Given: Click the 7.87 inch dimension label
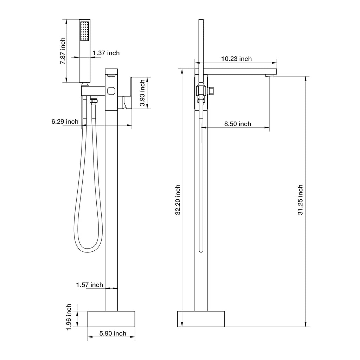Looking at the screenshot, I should point(63,51).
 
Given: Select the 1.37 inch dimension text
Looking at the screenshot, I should point(106,53).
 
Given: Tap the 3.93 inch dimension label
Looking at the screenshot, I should point(142,93).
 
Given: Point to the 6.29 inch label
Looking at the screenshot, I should point(65,122).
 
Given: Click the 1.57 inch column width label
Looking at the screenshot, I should point(90,285).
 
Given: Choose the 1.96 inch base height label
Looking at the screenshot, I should point(69,317).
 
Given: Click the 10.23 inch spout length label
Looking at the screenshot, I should point(236,59).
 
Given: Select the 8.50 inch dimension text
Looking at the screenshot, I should point(238,124).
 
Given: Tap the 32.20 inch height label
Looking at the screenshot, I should point(178,200).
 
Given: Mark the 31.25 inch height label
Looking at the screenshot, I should point(300,200).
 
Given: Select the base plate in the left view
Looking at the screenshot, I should point(111,319).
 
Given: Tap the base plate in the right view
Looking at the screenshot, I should point(201,319).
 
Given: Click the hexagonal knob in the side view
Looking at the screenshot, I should point(212,91).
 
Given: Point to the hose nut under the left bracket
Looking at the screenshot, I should point(93,101).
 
